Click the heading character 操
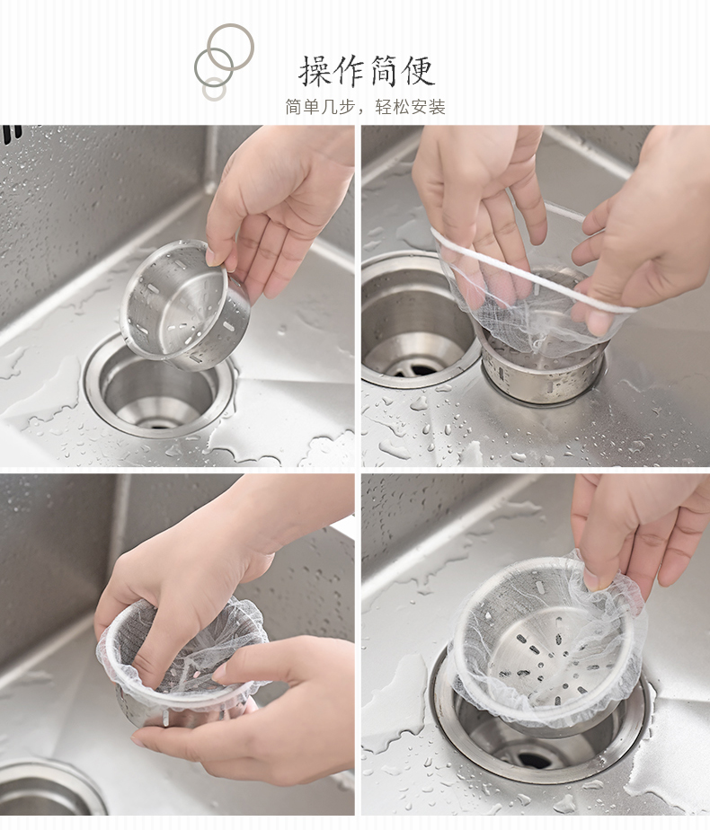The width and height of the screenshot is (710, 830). [x=315, y=71]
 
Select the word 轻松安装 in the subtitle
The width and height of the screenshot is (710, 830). [x=411, y=107]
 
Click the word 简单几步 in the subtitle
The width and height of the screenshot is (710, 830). [x=320, y=107]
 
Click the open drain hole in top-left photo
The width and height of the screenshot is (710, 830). [x=159, y=392]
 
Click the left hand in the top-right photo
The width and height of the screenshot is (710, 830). [x=476, y=201]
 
